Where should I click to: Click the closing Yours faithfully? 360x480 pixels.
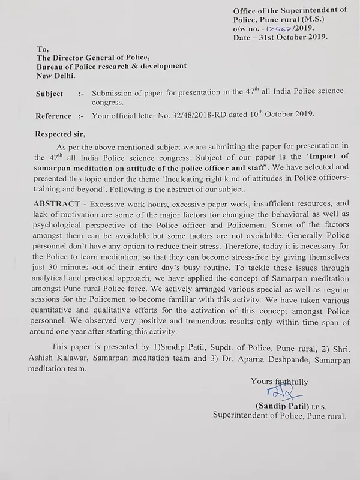pyautogui.click(x=280, y=381)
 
